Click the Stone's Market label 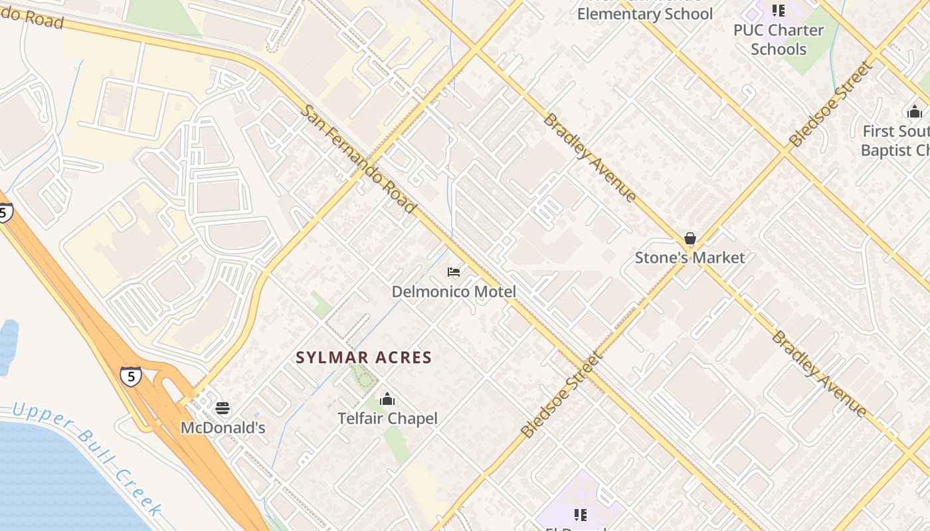click(x=690, y=258)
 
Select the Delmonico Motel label click(x=454, y=291)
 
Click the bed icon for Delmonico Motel click(x=454, y=272)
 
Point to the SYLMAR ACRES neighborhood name click(x=364, y=358)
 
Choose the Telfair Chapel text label click(x=387, y=419)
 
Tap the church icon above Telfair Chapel click(x=387, y=400)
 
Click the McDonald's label click(x=223, y=428)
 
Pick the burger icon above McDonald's click(x=223, y=408)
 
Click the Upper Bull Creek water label click(x=87, y=458)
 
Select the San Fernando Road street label click(x=359, y=159)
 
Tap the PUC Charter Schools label click(x=778, y=40)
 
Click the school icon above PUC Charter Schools click(x=778, y=11)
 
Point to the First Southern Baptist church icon click(x=915, y=112)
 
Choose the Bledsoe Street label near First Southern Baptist click(x=830, y=104)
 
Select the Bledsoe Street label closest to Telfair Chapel click(x=562, y=394)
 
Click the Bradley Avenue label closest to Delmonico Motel click(x=591, y=157)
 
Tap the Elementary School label click(x=644, y=14)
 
